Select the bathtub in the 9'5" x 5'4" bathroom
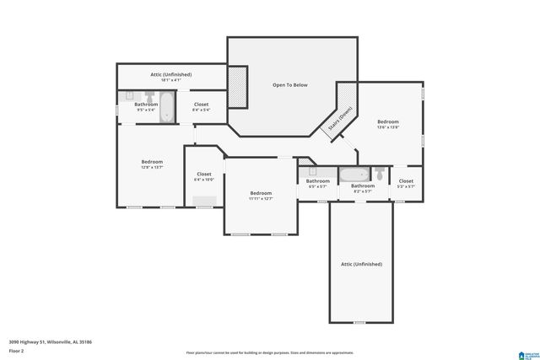[x=167, y=107]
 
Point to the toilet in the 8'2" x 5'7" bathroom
[x=380, y=175]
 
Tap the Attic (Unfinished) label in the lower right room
[x=361, y=264]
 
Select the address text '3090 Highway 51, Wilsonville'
[x=50, y=341]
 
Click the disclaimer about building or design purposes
[x=270, y=353]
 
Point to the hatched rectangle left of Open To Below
[x=237, y=88]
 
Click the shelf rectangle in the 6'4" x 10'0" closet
[x=204, y=200]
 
